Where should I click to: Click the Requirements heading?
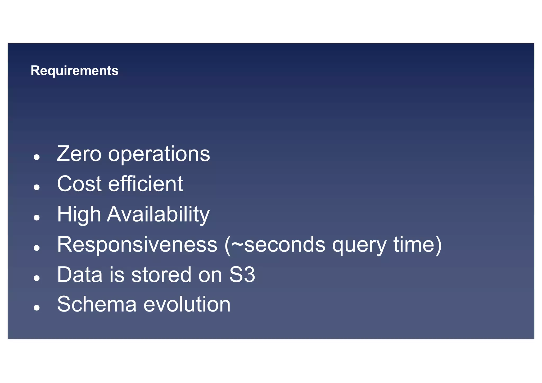click(74, 71)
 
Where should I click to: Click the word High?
click(79, 215)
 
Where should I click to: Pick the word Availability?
click(158, 215)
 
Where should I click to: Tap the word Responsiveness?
click(137, 245)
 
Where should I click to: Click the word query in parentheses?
click(359, 246)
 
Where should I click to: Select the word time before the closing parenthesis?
click(414, 245)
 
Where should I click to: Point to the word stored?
click(161, 275)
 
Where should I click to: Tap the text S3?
click(242, 275)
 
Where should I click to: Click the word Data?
click(80, 275)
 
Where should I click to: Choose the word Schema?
click(97, 304)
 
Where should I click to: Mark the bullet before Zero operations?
click(37, 157)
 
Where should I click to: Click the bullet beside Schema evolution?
click(37, 308)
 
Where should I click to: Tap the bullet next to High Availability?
click(37, 218)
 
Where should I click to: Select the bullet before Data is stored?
click(37, 278)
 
